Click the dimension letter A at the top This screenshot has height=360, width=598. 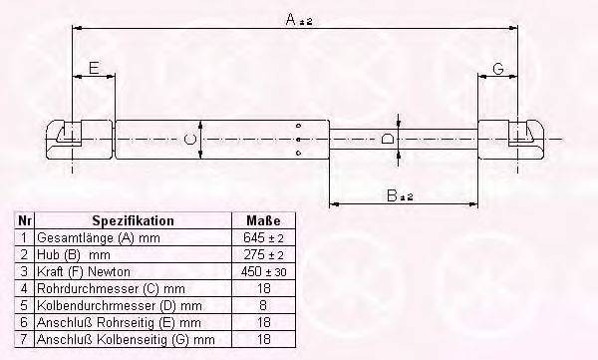point(291,19)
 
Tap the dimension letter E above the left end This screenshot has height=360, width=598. point(94,68)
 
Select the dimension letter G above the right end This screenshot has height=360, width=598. point(498,69)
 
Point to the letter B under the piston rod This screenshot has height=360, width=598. point(392,195)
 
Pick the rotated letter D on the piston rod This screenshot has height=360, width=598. point(387,139)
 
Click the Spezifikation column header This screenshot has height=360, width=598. point(133,220)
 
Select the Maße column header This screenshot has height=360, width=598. point(263,220)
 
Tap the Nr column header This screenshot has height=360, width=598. point(24,220)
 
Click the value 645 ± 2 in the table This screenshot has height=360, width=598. point(263,237)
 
